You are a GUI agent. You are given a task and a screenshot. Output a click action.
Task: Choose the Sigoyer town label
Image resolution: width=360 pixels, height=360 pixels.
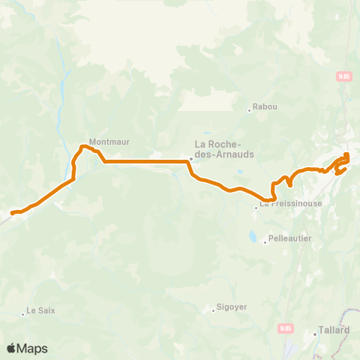(232, 307)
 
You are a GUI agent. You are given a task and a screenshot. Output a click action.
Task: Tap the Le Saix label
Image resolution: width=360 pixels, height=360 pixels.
(41, 310)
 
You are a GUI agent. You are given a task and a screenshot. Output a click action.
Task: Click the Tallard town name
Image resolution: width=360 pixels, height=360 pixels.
(334, 329)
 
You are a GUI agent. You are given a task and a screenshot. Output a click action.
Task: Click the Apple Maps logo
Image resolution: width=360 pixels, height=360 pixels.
(27, 348)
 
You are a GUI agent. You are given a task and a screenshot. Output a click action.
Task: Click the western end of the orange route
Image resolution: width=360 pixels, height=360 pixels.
(12, 214)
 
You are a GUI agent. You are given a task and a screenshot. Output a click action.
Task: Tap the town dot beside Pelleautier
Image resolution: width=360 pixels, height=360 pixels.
(265, 241)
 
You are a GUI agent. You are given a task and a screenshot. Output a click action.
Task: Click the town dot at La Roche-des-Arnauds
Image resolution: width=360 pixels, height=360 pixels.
(191, 158)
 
